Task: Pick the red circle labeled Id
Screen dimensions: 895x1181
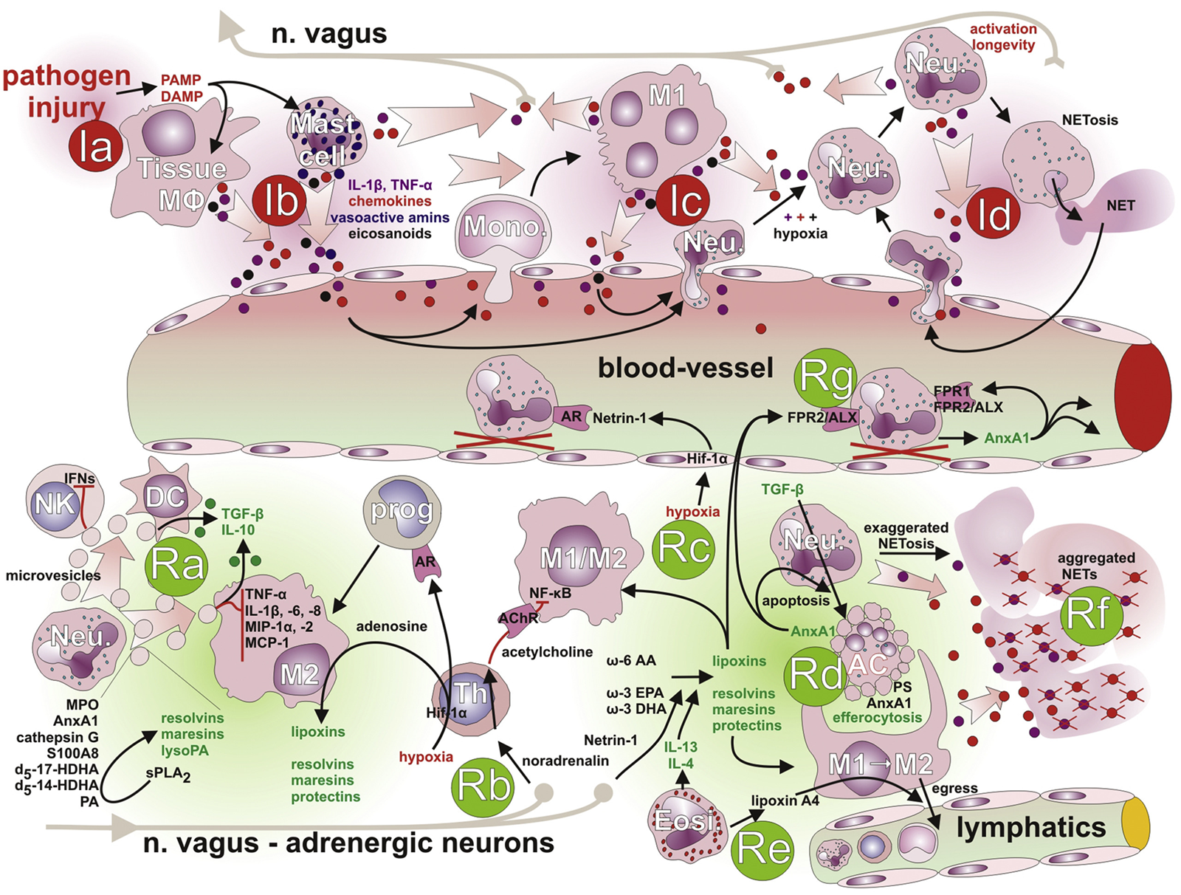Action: coord(994,214)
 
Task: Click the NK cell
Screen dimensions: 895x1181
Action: coord(56,504)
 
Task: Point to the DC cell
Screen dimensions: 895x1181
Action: coord(165,497)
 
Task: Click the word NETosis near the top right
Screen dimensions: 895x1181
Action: coord(1089,120)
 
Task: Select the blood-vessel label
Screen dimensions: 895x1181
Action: coord(685,368)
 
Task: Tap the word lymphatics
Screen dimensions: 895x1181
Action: coord(1030,828)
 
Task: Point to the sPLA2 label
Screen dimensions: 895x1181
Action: coord(168,775)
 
